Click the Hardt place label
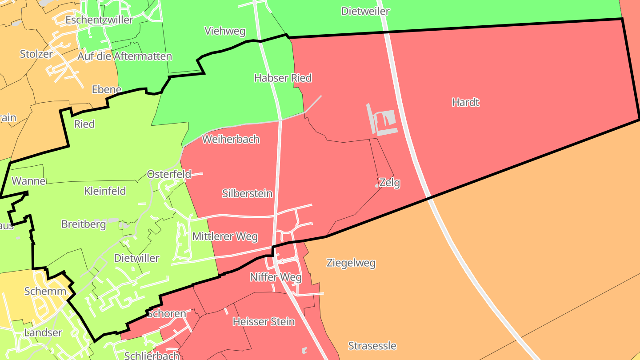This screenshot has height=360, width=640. click(465, 102)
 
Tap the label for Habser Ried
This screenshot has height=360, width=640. click(283, 78)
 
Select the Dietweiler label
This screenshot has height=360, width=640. click(365, 11)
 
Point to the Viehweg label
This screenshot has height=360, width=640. click(225, 31)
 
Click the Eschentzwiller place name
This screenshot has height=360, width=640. click(99, 20)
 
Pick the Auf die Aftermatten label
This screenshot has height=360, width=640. click(124, 56)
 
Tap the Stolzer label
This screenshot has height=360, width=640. click(36, 54)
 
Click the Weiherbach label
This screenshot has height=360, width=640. click(231, 139)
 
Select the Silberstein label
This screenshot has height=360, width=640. click(247, 193)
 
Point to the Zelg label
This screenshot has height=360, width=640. click(390, 183)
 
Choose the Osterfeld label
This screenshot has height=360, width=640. click(169, 174)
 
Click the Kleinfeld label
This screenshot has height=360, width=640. click(105, 191)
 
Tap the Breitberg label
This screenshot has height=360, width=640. click(84, 224)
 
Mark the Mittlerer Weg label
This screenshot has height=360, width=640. click(225, 236)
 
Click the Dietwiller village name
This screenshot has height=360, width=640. click(136, 258)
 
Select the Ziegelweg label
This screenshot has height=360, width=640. click(351, 263)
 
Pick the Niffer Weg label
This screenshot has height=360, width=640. click(276, 277)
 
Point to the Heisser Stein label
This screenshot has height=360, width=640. click(264, 321)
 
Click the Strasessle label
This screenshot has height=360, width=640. click(372, 346)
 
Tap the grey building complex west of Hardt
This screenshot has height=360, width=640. click(384, 121)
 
